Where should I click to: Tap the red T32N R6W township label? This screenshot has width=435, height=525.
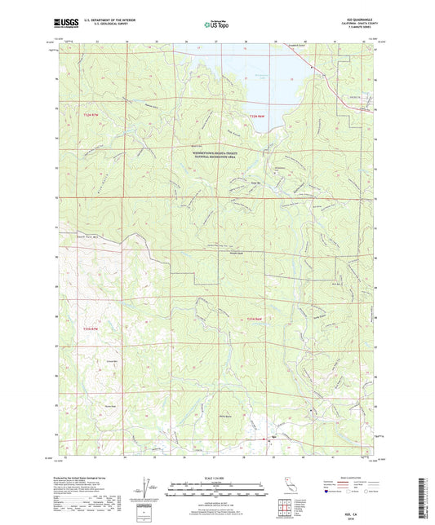coord(256,117)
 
